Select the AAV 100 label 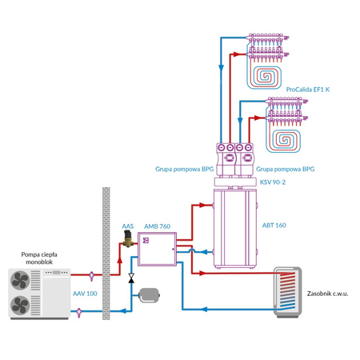[x=85, y=294]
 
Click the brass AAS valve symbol [x=126, y=242]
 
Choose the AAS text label [x=127, y=226]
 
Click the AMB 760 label [x=157, y=226]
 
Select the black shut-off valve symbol [x=130, y=278]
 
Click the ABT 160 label [x=274, y=225]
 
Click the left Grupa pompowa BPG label [x=184, y=169]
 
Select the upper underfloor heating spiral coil [x=266, y=78]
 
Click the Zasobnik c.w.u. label [x=329, y=294]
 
